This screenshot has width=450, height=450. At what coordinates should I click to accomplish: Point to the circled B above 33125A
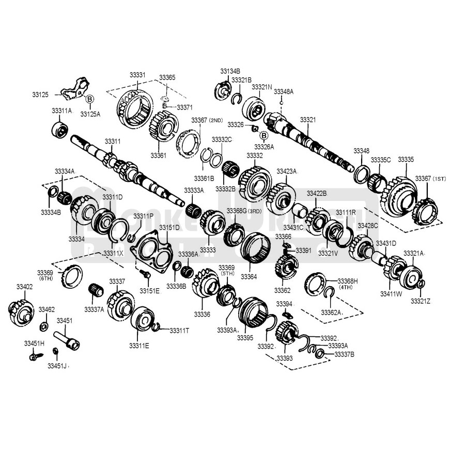point(89,99)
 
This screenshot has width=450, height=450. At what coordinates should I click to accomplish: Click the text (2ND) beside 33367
point(215,120)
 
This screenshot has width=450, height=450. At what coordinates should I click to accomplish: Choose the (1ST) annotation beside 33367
point(439,178)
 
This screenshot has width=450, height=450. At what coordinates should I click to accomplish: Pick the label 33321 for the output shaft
point(307,119)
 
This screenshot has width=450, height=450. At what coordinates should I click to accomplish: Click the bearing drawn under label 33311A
point(61,128)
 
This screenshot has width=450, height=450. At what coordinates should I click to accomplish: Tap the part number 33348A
point(284,91)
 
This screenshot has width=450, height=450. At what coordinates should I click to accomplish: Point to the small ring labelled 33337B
point(320,354)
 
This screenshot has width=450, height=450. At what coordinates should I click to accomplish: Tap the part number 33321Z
point(421,301)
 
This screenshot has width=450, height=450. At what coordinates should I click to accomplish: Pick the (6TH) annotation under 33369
point(45,278)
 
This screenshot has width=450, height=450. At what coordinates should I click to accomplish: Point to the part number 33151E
point(150,291)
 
